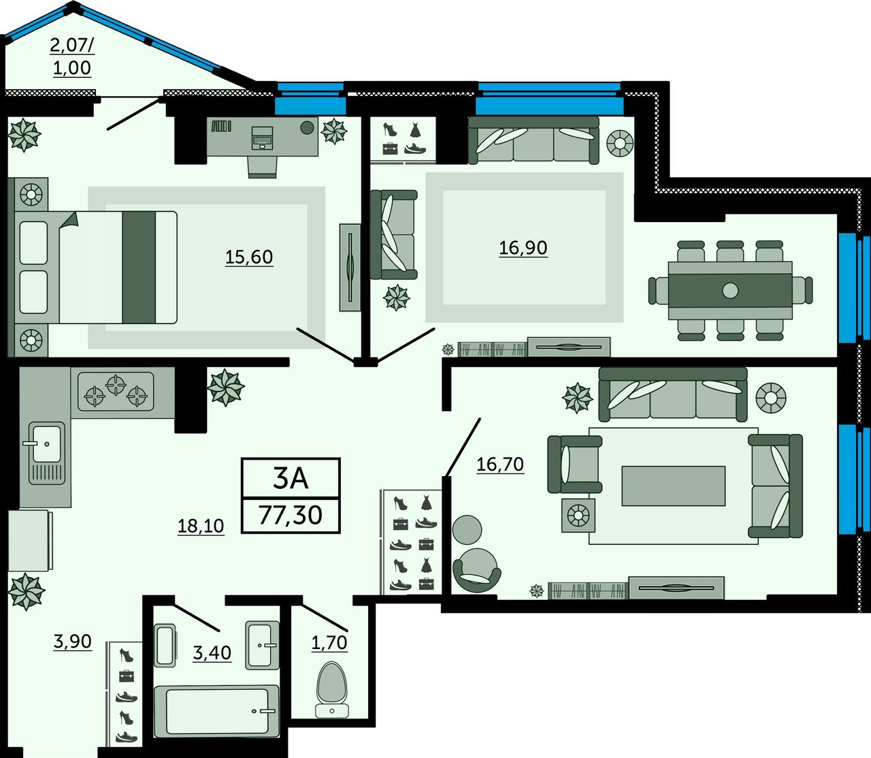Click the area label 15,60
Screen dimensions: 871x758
click(249, 257)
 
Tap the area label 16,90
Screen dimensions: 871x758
click(523, 248)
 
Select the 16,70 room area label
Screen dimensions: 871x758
click(500, 464)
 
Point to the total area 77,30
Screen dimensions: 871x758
click(291, 515)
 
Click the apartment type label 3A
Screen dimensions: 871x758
click(291, 478)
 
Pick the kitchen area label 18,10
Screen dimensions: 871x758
click(201, 526)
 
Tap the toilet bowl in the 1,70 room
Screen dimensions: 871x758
click(332, 690)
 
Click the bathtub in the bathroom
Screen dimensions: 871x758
click(216, 711)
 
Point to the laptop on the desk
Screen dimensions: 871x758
click(262, 137)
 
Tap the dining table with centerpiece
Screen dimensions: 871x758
click(730, 291)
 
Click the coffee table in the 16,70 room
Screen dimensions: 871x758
click(674, 486)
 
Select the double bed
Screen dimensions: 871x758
click(96, 268)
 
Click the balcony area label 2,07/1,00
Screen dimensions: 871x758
click(72, 57)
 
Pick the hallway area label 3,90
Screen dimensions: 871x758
click(72, 642)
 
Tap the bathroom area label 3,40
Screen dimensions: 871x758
click(212, 652)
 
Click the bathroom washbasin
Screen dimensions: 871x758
click(262, 645)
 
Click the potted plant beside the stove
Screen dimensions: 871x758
click(226, 388)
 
